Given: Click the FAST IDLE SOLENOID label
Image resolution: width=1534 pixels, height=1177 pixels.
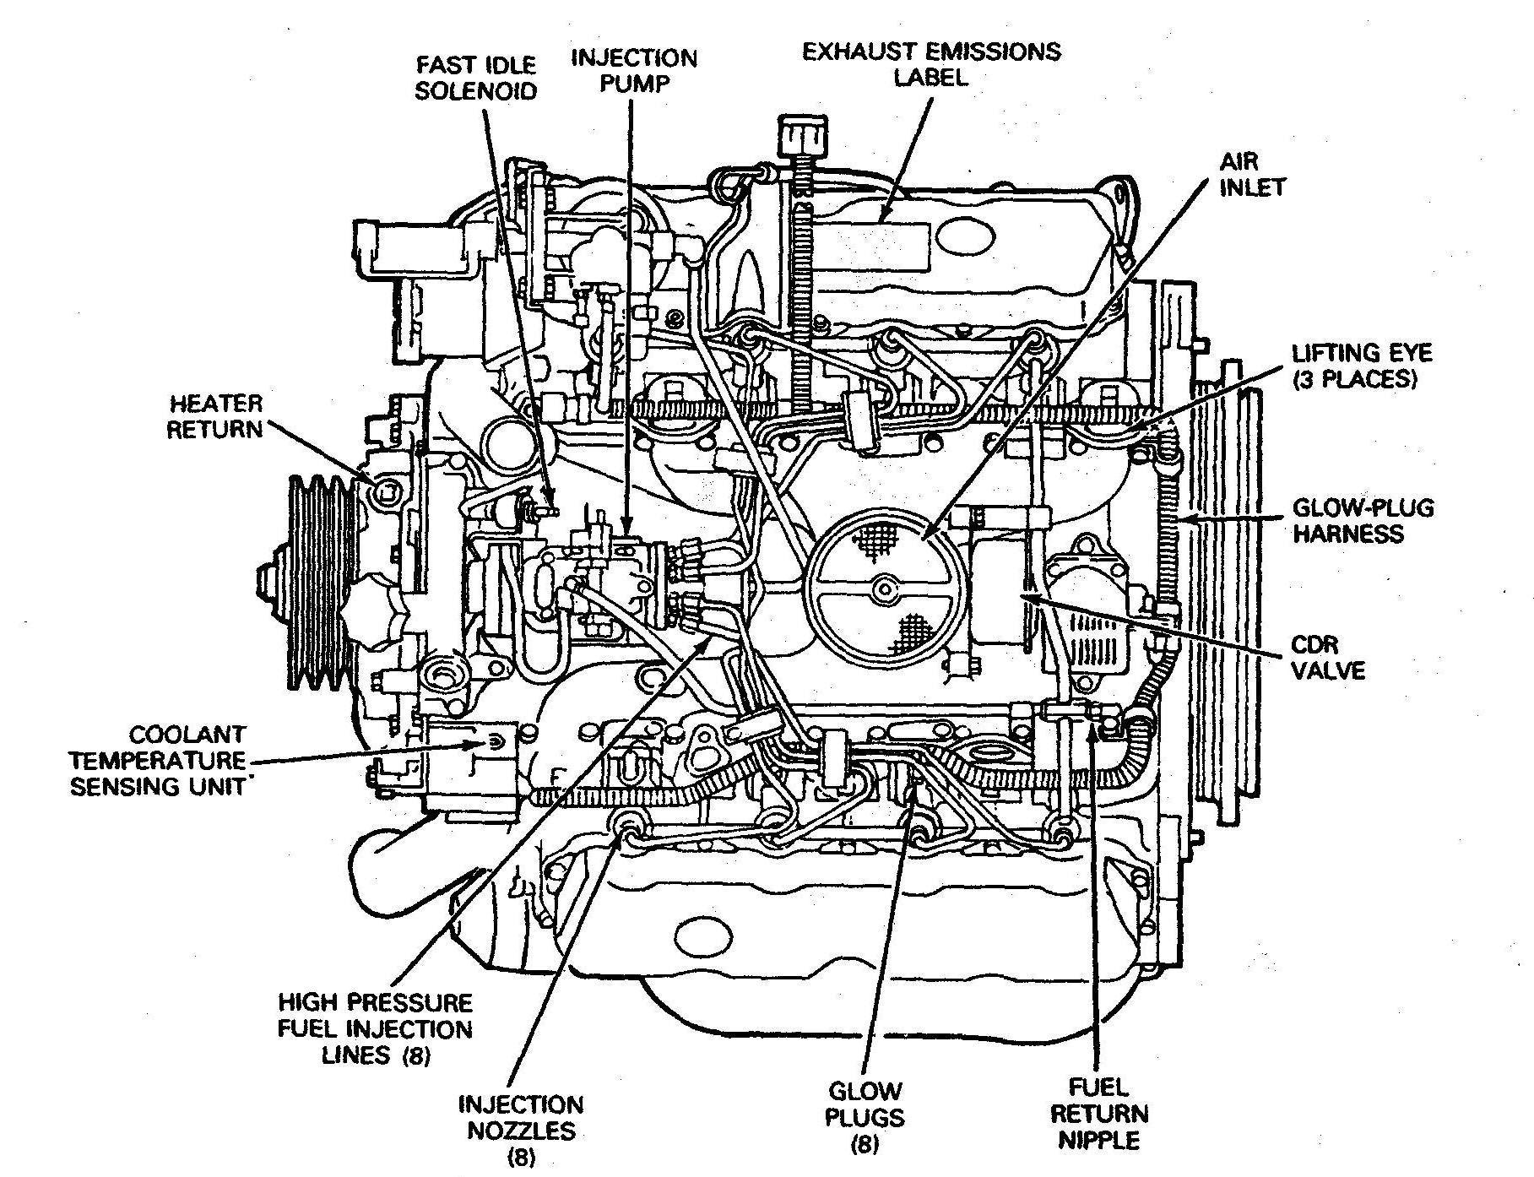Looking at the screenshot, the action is click(476, 78).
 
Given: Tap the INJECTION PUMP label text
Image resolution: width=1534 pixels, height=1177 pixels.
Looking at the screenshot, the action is click(634, 71).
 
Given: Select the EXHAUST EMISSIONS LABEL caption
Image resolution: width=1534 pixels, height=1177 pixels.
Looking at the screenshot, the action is click(931, 64).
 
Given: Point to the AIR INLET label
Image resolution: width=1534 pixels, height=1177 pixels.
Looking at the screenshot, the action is click(1252, 174).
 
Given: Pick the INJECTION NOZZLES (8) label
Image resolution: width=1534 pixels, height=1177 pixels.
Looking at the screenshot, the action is click(521, 1131).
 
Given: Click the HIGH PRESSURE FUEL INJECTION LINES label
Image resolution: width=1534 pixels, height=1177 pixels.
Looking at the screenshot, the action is click(376, 1029).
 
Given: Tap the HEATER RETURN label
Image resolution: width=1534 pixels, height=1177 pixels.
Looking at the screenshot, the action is click(215, 416).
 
